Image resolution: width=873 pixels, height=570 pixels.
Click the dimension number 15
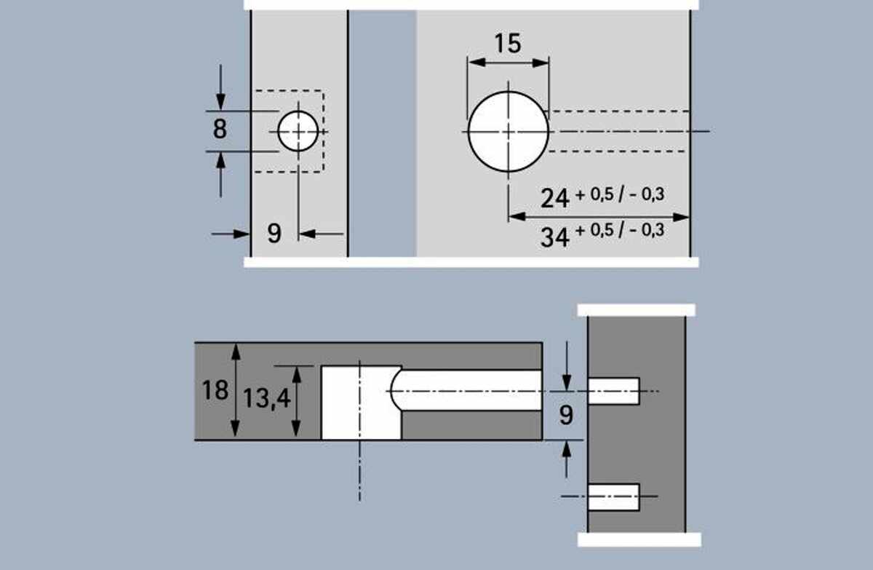508,43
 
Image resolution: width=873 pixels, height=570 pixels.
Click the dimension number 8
220,129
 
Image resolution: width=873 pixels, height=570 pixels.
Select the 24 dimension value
555,199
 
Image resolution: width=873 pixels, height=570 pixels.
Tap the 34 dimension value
555,237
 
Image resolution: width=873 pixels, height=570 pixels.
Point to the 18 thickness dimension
215,390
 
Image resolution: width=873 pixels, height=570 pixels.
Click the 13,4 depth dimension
267,399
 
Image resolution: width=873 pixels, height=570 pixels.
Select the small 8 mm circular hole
298,131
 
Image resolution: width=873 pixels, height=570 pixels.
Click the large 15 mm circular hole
509,131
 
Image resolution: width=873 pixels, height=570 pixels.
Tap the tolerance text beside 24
620,194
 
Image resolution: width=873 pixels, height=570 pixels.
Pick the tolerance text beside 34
620,230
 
